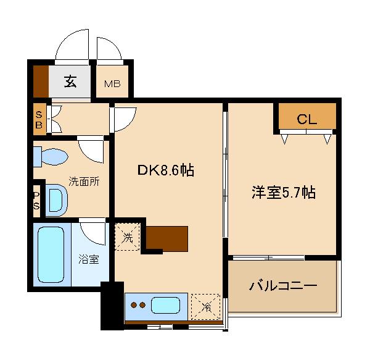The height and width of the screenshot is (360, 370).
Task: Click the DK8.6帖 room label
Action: coord(165,171)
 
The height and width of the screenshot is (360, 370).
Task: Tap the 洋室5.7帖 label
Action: coord(284,192)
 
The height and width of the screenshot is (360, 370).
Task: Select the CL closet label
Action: coord(306,120)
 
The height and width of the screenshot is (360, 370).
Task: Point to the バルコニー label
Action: coord(283,286)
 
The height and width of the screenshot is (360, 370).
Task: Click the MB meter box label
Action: coord(112,84)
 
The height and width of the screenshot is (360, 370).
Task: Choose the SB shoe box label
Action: coord(39,120)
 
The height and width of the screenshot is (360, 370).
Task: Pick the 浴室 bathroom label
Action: coord(89,259)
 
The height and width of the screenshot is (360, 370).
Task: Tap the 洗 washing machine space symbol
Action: coord(128,235)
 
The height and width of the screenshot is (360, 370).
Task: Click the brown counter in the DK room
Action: coord(168,238)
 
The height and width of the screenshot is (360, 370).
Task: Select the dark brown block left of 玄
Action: coord(40,80)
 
